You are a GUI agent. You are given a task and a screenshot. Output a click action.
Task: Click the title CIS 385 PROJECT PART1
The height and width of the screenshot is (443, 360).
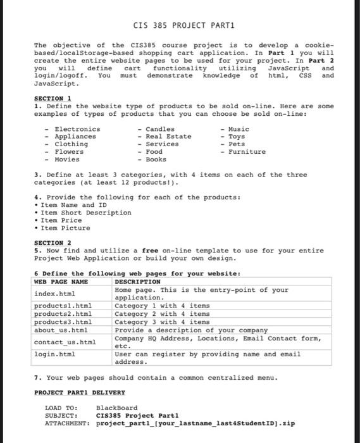(x=180, y=25)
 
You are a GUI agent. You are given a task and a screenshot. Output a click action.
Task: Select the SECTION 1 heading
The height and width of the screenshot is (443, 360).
(x=52, y=99)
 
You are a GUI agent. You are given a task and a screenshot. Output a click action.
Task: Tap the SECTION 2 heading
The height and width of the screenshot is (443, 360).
(x=52, y=242)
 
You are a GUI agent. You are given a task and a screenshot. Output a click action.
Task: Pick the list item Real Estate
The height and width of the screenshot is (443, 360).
(x=168, y=137)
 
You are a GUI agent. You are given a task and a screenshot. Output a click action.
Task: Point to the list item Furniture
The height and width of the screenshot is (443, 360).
(x=247, y=152)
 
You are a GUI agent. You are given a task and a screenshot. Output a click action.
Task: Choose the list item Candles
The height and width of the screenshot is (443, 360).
(x=161, y=129)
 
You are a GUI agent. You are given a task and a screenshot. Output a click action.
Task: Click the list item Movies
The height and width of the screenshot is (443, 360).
(x=69, y=159)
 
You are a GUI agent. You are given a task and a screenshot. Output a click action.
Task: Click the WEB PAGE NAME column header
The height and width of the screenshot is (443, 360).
(x=61, y=281)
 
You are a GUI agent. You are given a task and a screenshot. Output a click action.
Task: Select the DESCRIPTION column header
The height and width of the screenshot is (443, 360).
(x=137, y=281)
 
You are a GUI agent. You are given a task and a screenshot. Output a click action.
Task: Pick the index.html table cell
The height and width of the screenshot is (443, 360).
(x=56, y=294)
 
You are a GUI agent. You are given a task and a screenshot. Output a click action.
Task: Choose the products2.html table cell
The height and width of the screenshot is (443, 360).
(x=63, y=315)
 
